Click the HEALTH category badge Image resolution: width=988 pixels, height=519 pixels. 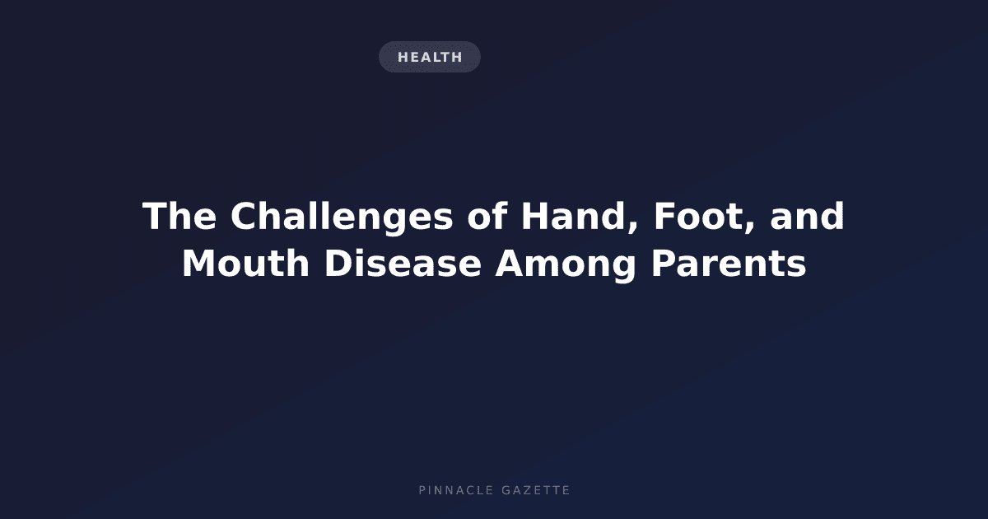[429, 57]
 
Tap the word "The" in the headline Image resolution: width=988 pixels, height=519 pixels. [179, 216]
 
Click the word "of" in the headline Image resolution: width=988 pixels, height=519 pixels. [487, 216]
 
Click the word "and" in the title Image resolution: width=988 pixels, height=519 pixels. [807, 216]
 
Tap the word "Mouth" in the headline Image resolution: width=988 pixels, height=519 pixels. [245, 264]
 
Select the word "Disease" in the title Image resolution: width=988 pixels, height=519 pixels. [403, 264]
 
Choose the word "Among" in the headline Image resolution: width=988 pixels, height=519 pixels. [566, 265]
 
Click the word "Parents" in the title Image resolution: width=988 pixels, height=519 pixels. [729, 264]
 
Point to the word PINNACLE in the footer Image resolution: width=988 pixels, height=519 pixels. [456, 490]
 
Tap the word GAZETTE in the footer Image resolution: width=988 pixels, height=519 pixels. [536, 490]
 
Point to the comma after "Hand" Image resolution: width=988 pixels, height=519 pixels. [632, 228]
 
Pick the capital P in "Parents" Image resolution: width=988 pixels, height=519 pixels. [664, 263]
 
